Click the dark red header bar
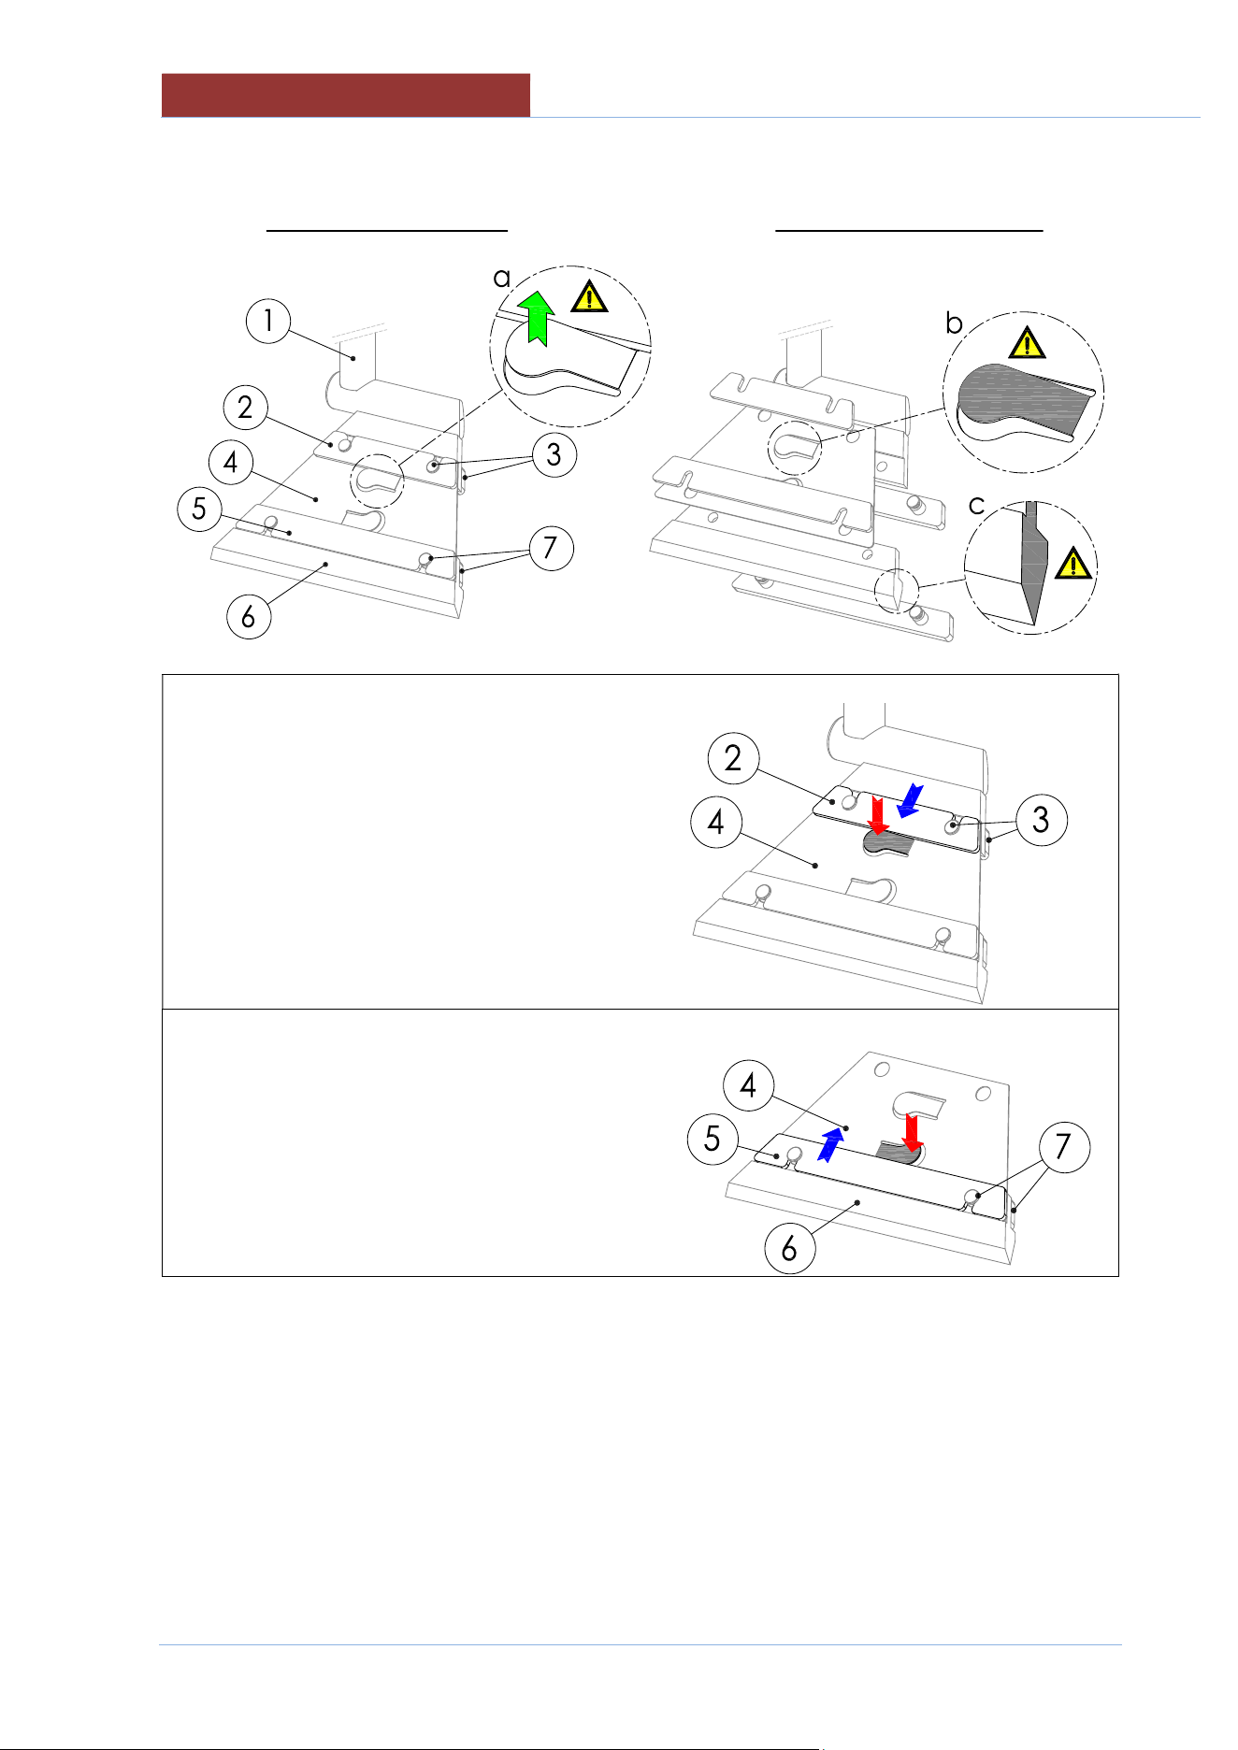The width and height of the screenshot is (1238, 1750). pos(346,95)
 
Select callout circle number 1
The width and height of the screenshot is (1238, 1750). pos(268,321)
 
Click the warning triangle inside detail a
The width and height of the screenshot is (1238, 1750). pos(589,296)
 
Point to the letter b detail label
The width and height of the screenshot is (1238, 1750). pos(954,323)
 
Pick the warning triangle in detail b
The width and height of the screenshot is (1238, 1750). pos(1027,343)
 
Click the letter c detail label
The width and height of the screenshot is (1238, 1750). pos(977,506)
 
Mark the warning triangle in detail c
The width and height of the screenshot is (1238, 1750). pos(1073,564)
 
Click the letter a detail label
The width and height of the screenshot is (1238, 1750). pos(502,278)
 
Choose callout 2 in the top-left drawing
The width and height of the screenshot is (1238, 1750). pos(246,408)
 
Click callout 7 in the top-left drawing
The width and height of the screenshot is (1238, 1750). pos(551,548)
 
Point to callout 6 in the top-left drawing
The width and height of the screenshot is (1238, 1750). pos(249,617)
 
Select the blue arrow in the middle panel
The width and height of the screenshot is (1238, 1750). pos(910,800)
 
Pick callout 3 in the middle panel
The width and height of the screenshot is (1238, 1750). pos(1041,820)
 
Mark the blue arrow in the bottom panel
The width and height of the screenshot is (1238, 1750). pos(830,1144)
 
